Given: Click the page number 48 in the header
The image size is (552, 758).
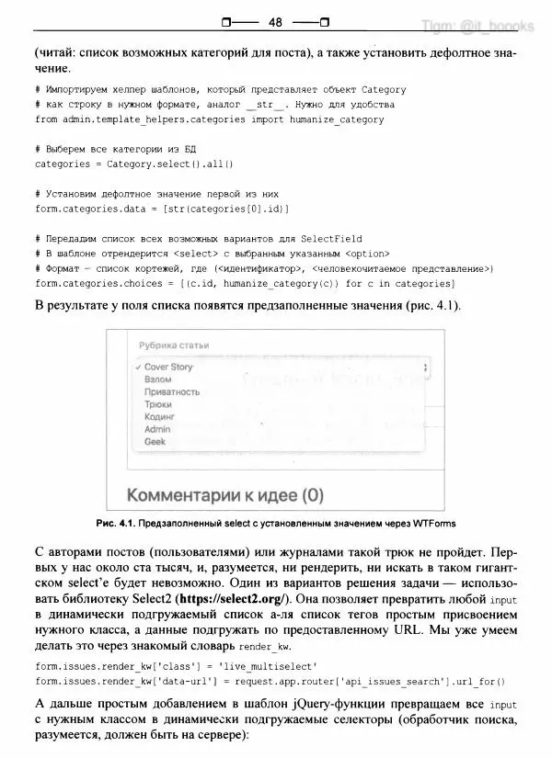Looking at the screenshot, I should tap(276, 21).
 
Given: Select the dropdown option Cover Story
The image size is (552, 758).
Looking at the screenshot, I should tap(169, 367).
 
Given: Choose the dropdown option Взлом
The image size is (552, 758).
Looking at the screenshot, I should tap(157, 379).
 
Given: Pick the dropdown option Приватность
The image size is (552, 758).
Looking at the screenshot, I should tap(172, 391).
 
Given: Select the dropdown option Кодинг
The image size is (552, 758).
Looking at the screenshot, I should tap(160, 416).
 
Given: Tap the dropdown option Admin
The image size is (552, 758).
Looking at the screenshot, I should tap(157, 429).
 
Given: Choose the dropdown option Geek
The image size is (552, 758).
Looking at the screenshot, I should tap(155, 442).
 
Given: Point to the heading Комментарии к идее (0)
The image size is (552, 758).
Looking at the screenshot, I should tap(225, 495).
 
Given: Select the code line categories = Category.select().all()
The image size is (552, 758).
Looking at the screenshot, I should tap(134, 164).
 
